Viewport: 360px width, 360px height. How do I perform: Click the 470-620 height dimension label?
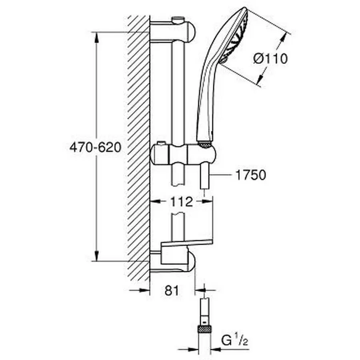95,147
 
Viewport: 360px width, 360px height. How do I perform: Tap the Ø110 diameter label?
270,59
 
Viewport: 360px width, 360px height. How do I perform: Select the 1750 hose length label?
250,175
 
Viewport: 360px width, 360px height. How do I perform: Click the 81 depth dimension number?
172,291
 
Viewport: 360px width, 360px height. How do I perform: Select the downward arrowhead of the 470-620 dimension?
96,256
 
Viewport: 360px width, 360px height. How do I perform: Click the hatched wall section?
138,148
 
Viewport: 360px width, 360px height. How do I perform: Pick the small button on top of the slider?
161,143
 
